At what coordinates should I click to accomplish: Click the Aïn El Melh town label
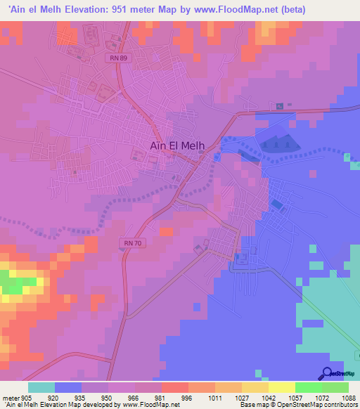pyautogui.click(x=178, y=145)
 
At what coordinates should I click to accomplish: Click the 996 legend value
pyautogui.click(x=188, y=397)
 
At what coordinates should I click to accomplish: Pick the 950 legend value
pyautogui.click(x=108, y=397)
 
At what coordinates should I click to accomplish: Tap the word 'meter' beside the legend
pyautogui.click(x=10, y=397)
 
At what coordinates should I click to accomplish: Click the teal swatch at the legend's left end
pyautogui.click(x=41, y=387)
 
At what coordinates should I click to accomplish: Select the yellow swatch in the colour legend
pyautogui.click(x=281, y=387)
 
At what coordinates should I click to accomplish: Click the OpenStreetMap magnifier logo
pyautogui.click(x=326, y=374)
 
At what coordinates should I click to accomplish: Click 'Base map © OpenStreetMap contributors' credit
pyautogui.click(x=298, y=405)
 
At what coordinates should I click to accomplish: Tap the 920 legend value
pyautogui.click(x=53, y=397)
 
